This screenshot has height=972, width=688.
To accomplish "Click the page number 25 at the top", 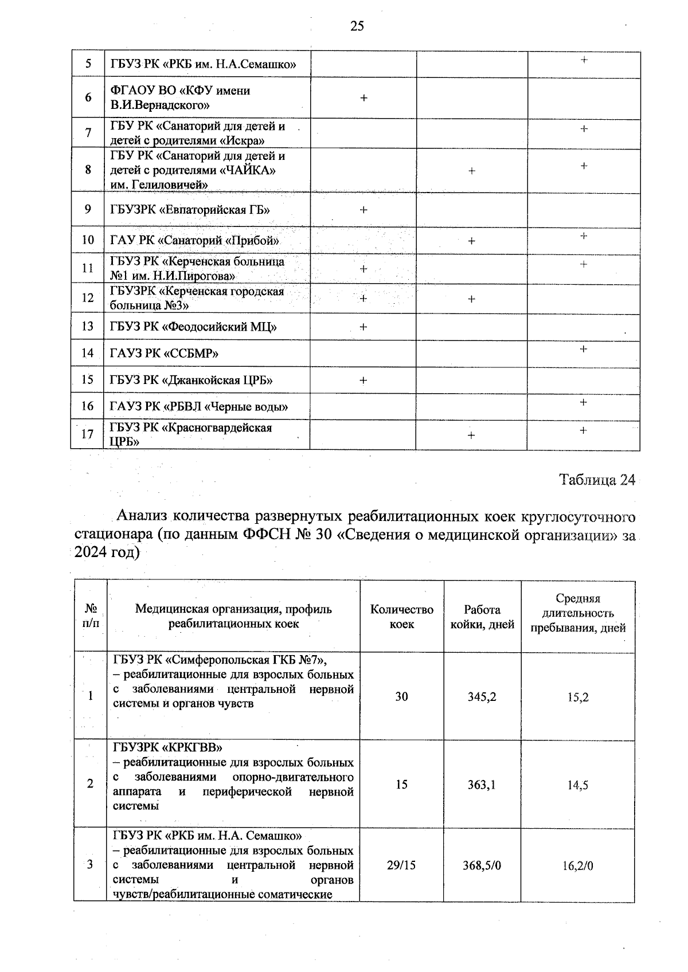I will pyautogui.click(x=357, y=26).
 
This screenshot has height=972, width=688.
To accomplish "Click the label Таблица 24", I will pyautogui.click(x=597, y=480).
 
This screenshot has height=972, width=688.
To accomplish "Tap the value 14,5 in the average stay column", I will pyautogui.click(x=577, y=785).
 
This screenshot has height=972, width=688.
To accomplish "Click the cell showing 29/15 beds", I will pyautogui.click(x=401, y=865).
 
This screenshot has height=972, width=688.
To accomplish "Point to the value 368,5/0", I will pyautogui.click(x=482, y=865).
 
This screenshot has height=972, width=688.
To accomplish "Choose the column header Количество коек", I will pyautogui.click(x=401, y=617).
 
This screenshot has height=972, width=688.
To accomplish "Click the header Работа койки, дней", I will pyautogui.click(x=482, y=617).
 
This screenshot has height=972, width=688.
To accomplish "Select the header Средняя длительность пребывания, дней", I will pyautogui.click(x=577, y=613).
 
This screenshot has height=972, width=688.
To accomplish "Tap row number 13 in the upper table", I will pyautogui.click(x=88, y=327).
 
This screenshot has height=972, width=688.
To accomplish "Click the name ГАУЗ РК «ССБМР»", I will pyautogui.click(x=164, y=354).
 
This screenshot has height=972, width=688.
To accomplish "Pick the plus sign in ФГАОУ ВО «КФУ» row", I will pyautogui.click(x=363, y=98).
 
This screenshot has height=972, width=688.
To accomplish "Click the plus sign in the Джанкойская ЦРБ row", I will pyautogui.click(x=363, y=381).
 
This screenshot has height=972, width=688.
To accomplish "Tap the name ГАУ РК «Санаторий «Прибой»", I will pyautogui.click(x=194, y=240).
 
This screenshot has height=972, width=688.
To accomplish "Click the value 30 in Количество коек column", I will pyautogui.click(x=401, y=696).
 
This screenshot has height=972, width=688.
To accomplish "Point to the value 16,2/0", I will pyautogui.click(x=577, y=865).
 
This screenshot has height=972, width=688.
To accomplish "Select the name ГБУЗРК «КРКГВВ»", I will pyautogui.click(x=167, y=748).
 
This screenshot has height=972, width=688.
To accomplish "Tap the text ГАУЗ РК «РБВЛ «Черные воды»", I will pyautogui.click(x=198, y=407).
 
